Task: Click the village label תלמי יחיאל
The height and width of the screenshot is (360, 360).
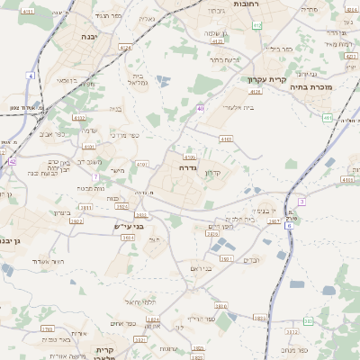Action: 139,301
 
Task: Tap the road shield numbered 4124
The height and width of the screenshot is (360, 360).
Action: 125,47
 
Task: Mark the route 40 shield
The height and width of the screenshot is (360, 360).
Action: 200,108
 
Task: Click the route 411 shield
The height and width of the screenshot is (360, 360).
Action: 328,118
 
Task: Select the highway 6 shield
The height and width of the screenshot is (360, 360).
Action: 289,225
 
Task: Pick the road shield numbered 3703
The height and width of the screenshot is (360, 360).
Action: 47,329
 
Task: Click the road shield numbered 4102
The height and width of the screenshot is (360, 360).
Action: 79,117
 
